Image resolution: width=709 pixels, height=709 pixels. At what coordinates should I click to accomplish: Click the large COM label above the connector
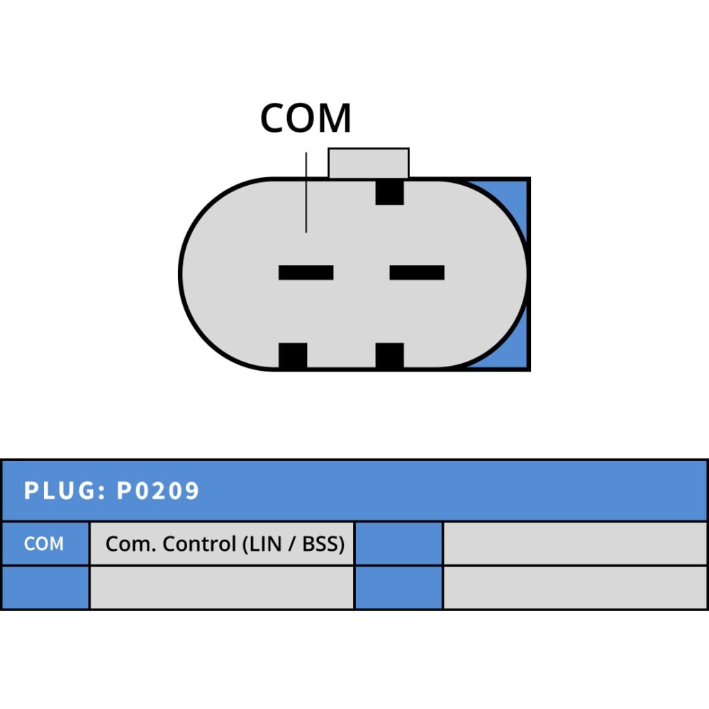point(306,118)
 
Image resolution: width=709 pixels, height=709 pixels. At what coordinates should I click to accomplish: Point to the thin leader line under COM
point(306,193)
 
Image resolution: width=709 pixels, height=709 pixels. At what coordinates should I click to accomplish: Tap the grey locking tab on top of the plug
point(369,163)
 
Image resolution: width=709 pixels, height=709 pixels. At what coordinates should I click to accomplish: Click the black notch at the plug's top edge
point(389,192)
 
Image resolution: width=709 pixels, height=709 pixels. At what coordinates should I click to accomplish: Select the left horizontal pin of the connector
point(306,273)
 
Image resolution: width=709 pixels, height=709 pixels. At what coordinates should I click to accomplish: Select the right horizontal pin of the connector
point(417,273)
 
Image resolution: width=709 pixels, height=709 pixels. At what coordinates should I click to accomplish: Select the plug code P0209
point(158,491)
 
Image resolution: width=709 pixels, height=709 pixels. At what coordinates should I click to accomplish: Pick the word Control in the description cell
point(199,544)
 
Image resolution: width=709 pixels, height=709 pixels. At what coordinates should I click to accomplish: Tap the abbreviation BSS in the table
point(320,544)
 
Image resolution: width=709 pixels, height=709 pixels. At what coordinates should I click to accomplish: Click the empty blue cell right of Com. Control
point(398,544)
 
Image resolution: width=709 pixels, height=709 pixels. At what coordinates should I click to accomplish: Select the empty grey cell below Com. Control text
point(222,587)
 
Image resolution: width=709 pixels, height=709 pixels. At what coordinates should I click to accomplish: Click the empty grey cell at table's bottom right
point(575,587)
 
